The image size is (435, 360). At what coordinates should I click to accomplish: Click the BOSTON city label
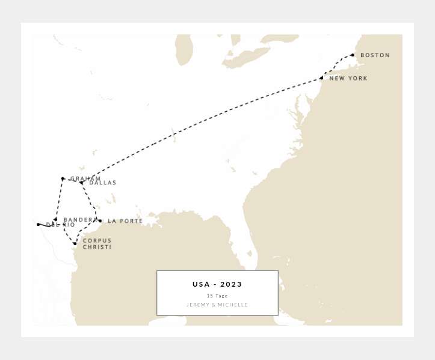[x=375, y=55]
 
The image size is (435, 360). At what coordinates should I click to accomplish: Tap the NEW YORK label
[x=348, y=79]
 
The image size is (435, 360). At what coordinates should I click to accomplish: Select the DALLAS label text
[x=103, y=183]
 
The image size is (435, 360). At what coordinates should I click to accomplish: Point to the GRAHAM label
[x=85, y=178]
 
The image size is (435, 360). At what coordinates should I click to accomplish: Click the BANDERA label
[x=79, y=220]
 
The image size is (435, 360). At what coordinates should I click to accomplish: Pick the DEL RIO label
[x=61, y=225]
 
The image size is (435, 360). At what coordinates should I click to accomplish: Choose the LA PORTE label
[x=125, y=221]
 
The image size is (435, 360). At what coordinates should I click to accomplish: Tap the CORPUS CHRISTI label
[x=97, y=244]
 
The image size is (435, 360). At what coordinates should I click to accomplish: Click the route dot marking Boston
[x=353, y=55]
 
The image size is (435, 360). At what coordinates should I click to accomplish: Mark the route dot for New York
[x=321, y=78]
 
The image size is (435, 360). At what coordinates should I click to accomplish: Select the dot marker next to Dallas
[x=81, y=182]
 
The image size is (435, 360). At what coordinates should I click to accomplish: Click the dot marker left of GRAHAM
[x=63, y=178]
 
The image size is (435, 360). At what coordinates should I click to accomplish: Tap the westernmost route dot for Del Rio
[x=38, y=225]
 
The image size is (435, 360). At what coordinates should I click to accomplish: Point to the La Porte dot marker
[x=100, y=221]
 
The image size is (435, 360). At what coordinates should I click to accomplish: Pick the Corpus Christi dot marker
[x=75, y=243]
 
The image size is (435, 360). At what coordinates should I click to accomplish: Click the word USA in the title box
[x=201, y=284]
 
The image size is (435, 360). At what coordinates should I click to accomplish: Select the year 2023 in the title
[x=231, y=284]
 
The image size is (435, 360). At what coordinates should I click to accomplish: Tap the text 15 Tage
[x=217, y=296]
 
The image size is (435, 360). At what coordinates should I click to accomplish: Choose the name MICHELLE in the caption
[x=233, y=305]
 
